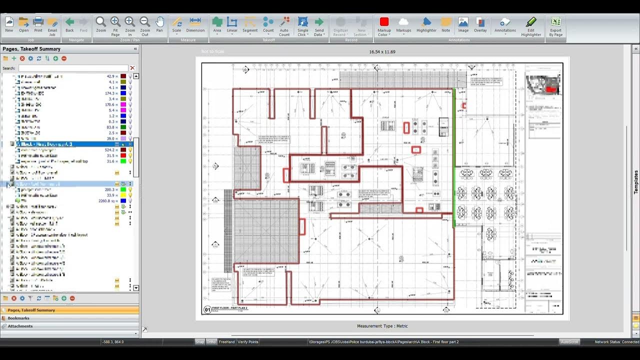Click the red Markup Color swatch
(384, 22)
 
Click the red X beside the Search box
(132, 68)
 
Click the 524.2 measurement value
(110, 149)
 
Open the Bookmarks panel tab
(18, 318)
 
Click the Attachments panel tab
(20, 326)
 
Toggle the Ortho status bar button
(211, 342)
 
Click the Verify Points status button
(248, 342)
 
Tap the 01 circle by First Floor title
(207, 310)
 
